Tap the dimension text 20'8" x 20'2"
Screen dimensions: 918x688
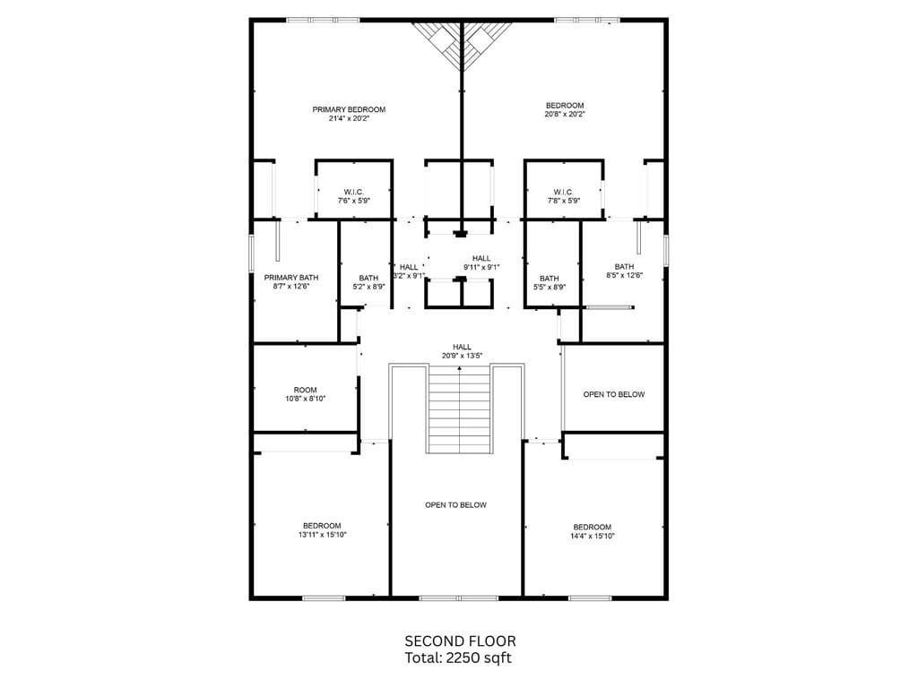565,115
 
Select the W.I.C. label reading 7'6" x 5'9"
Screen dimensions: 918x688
353,196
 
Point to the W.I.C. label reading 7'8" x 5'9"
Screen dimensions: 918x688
563,196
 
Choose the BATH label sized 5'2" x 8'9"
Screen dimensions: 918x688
368,282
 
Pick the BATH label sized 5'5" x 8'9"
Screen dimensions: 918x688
550,282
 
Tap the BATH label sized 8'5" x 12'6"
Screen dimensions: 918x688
625,271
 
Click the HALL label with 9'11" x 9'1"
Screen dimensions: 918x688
481,262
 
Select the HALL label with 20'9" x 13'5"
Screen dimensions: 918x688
462,351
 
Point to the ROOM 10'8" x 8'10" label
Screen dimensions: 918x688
305,394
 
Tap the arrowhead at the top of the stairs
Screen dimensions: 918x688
460,368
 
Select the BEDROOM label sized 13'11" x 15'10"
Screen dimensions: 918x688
322,530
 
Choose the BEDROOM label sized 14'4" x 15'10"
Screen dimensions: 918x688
593,531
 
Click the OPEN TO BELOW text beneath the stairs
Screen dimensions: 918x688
456,505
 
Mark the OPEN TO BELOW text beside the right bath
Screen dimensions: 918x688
614,394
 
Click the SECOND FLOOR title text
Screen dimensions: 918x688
461,641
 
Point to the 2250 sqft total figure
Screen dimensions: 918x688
479,658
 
